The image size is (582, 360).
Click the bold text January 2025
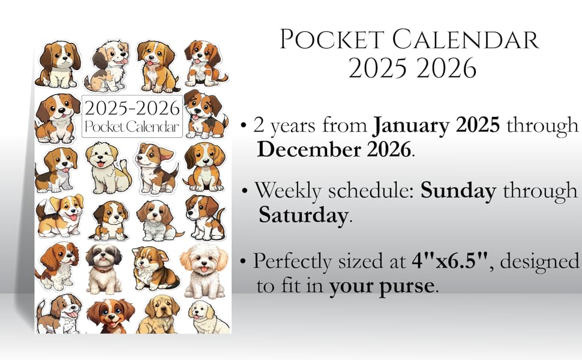point(437,125)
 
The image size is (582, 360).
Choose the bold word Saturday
point(303,215)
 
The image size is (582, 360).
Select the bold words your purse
point(381,286)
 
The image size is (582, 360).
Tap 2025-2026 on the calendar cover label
point(132,109)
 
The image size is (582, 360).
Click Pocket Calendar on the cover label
point(132,127)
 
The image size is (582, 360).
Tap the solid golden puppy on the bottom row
point(157,313)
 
